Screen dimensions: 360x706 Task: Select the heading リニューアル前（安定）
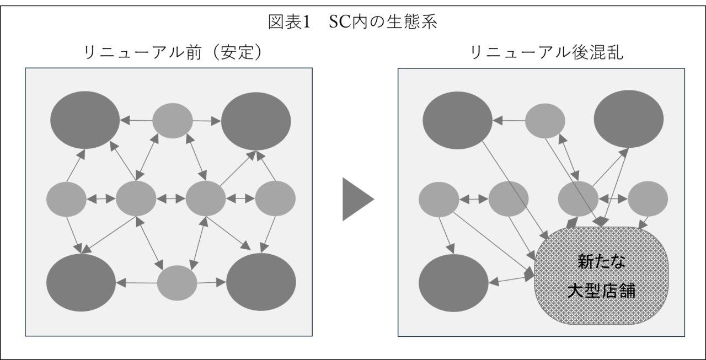[x=172, y=53]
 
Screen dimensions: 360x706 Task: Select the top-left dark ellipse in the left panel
[x=85, y=119]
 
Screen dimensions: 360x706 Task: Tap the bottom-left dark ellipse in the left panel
[x=81, y=282]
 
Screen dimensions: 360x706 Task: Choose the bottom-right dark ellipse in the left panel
[x=261, y=282]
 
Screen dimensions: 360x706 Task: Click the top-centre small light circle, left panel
[x=173, y=120]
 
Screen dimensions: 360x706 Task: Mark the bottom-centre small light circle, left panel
[x=177, y=283]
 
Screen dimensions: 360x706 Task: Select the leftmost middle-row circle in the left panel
[x=66, y=198]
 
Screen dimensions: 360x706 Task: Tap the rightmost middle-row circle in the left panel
[x=275, y=198]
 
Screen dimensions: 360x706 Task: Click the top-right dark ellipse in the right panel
[x=628, y=120]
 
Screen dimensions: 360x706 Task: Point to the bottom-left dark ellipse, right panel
[x=453, y=282]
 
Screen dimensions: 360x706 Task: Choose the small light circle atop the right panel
[x=545, y=120]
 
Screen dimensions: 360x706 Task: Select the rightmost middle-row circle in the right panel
[x=648, y=198]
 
